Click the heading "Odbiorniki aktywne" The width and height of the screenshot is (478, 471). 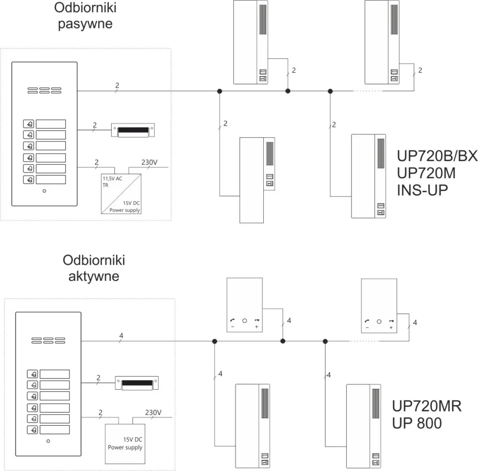(x=94, y=268)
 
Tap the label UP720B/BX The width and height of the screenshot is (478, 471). (x=437, y=156)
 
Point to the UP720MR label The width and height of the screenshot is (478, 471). (x=427, y=406)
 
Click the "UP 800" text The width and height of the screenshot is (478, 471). (x=416, y=423)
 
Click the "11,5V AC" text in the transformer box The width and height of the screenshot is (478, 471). (x=113, y=178)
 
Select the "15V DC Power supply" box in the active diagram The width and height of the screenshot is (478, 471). (x=125, y=443)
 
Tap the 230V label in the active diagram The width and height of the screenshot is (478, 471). (x=153, y=413)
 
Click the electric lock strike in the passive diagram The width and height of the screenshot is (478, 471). (x=133, y=130)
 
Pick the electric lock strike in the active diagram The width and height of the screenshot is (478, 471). (x=137, y=383)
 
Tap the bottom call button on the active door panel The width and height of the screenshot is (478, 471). (x=33, y=430)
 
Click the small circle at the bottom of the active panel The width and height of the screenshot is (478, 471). (x=48, y=441)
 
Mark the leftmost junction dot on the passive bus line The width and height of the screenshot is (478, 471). (x=219, y=91)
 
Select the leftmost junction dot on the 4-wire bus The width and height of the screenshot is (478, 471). (x=214, y=342)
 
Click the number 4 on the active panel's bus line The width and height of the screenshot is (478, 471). (x=121, y=335)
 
